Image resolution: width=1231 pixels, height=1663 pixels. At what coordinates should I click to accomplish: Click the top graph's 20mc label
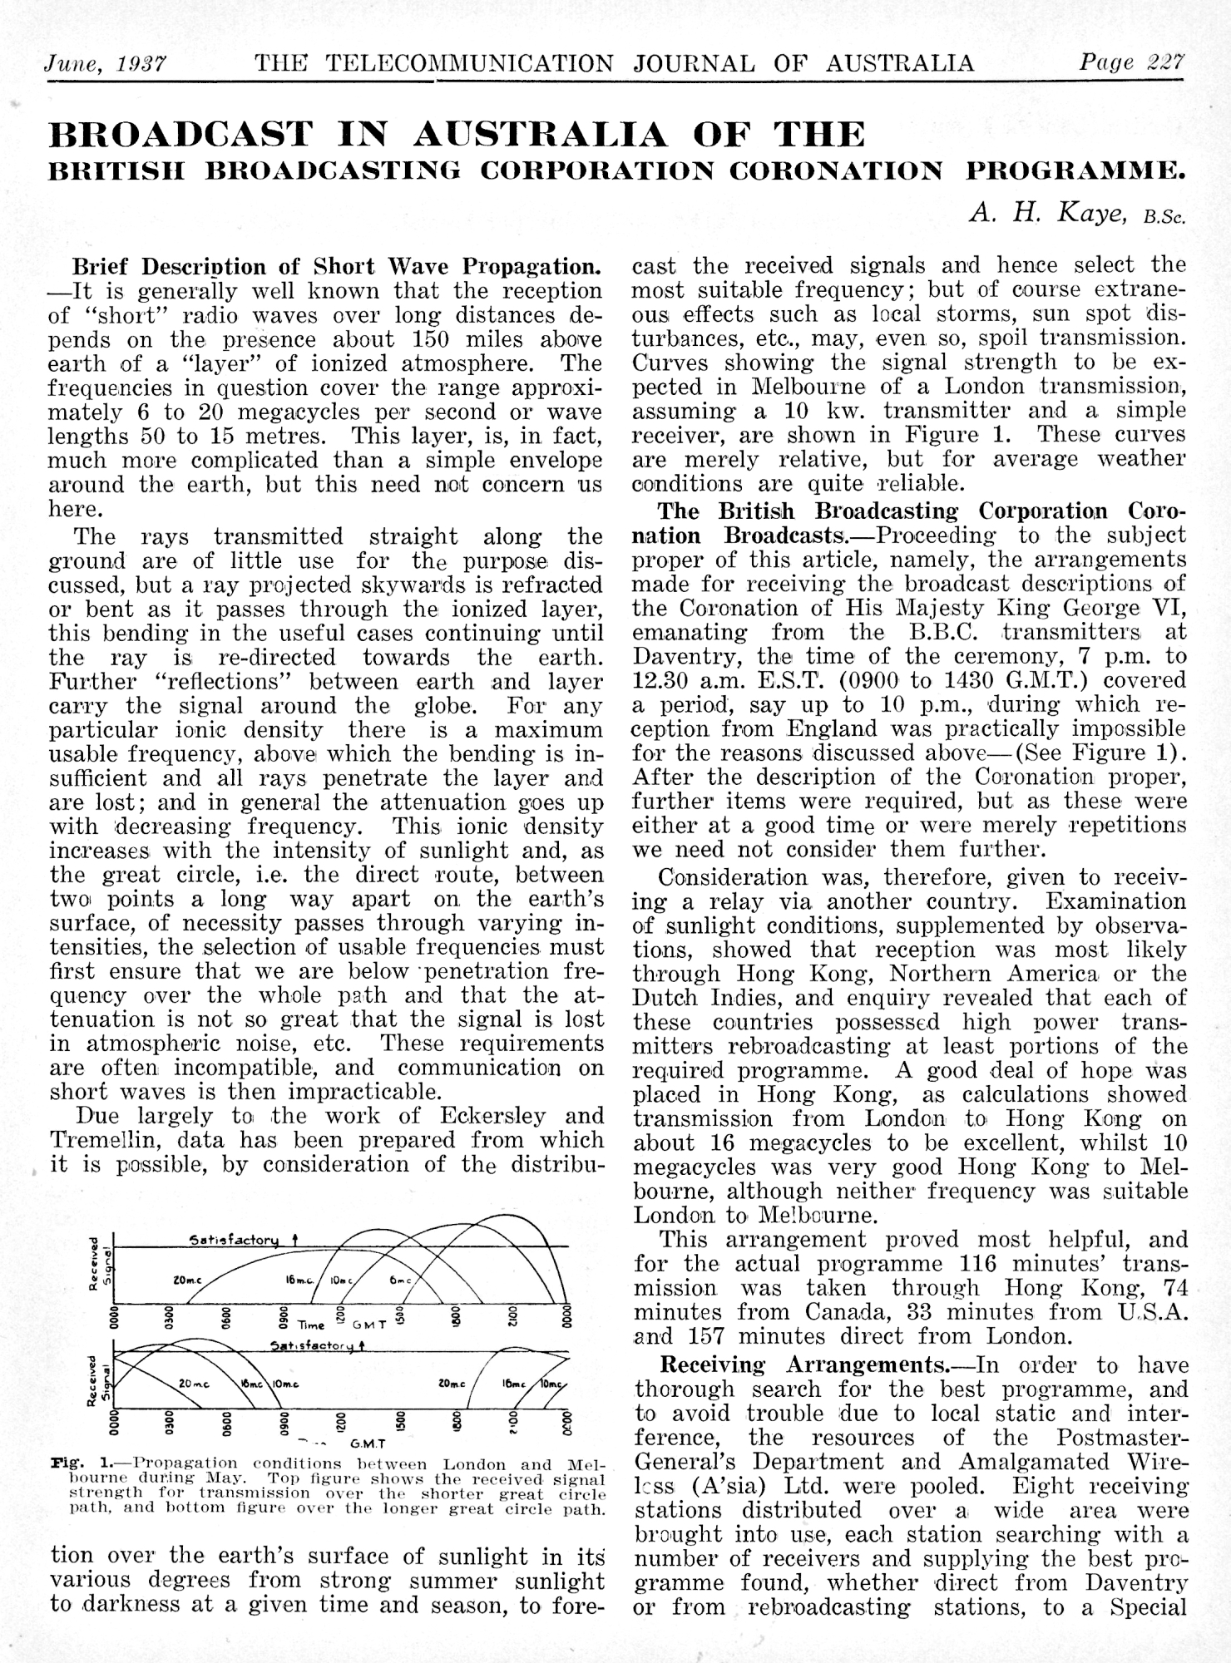click(x=186, y=1281)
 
